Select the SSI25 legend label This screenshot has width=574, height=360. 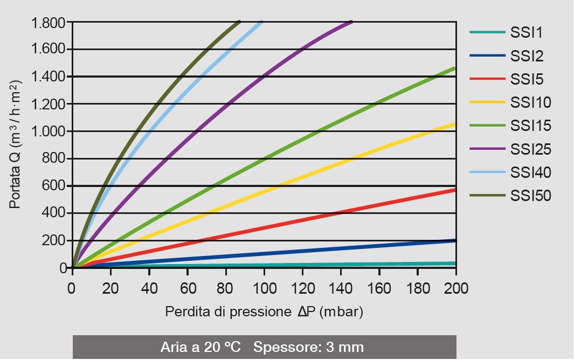tap(530, 149)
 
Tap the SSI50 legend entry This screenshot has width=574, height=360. tap(530, 196)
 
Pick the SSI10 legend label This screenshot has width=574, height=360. tap(530, 102)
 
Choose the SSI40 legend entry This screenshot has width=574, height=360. tap(530, 172)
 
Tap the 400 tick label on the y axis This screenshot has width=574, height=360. tap(53, 213)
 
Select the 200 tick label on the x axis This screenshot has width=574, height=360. tap(456, 289)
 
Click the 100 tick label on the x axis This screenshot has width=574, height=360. tap(264, 289)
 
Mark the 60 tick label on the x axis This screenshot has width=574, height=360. tap(187, 289)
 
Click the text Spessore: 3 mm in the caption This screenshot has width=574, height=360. tap(308, 347)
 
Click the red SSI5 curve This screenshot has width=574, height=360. tap(323, 219)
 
